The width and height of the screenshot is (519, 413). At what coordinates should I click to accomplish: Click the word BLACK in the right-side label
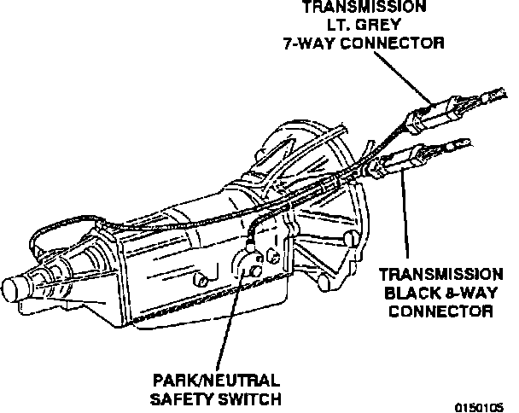pyautogui.click(x=409, y=293)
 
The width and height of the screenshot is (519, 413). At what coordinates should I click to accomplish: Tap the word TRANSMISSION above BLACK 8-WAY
pyautogui.click(x=440, y=275)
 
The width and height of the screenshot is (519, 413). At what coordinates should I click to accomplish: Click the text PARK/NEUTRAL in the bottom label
pyautogui.click(x=217, y=381)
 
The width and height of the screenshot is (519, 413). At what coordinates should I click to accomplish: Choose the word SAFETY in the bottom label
pyautogui.click(x=184, y=398)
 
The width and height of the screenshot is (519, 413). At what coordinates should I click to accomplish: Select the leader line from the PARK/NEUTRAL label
pyautogui.click(x=225, y=324)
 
